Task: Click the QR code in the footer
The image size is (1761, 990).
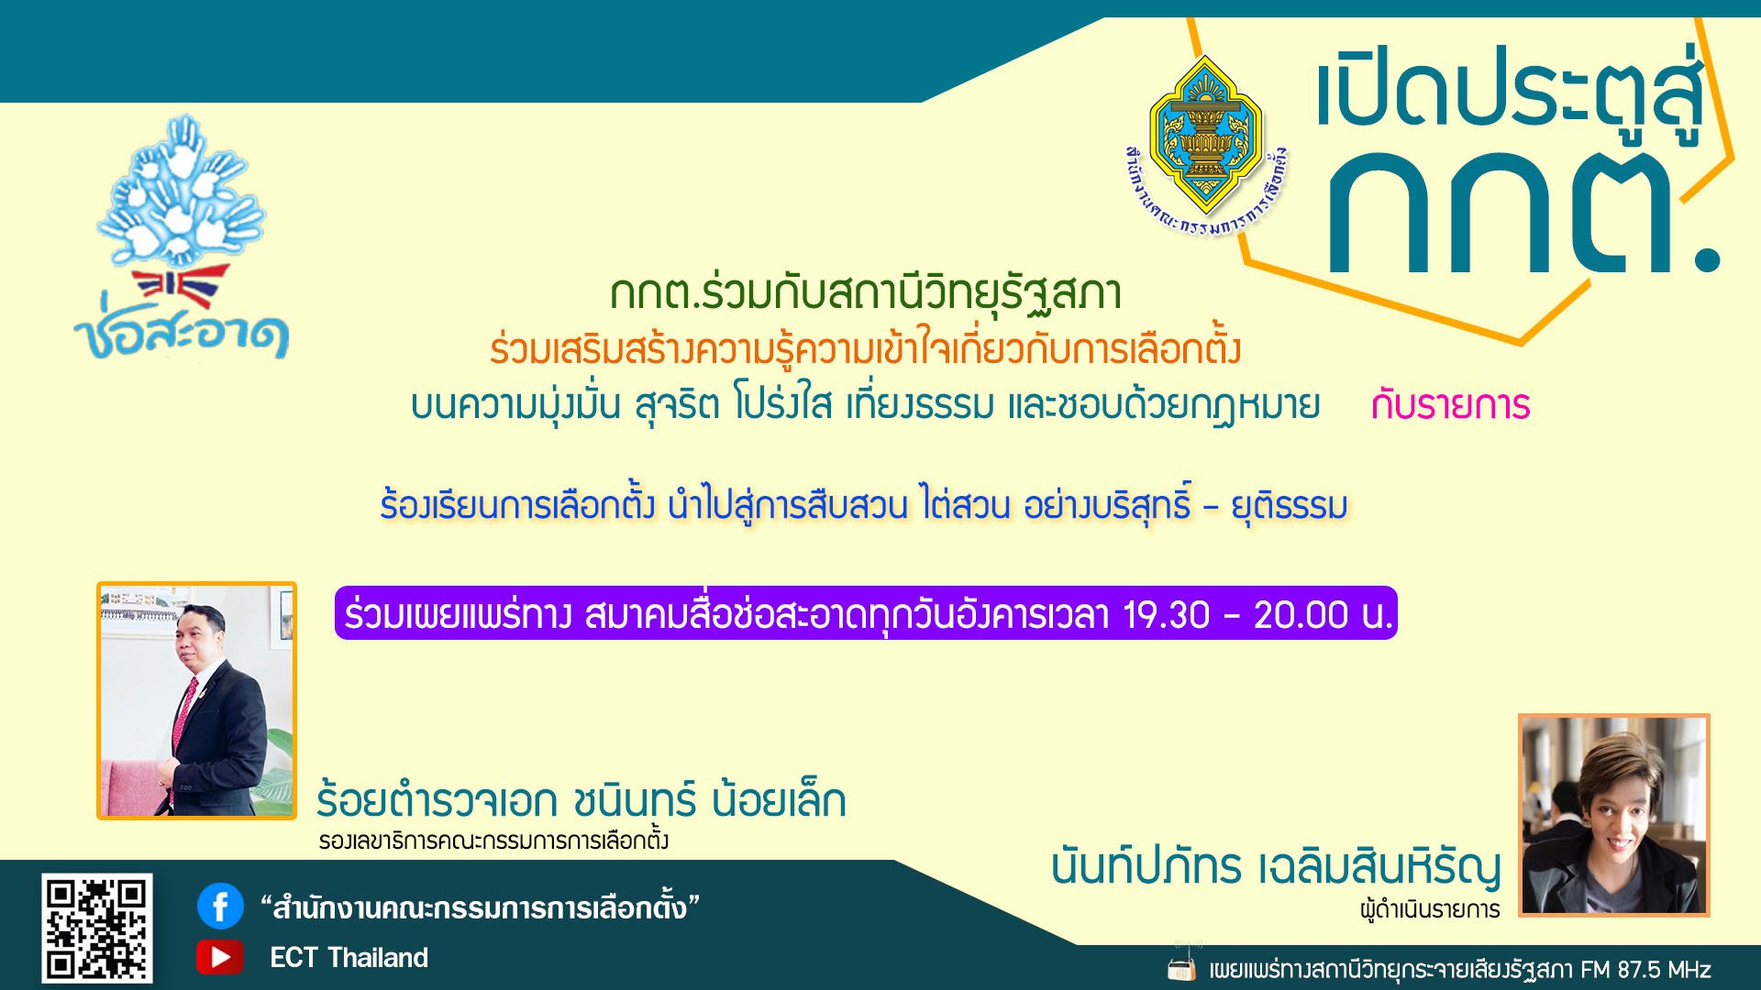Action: (96, 928)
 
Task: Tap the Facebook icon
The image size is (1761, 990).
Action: (220, 907)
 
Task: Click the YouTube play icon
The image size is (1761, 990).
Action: (220, 957)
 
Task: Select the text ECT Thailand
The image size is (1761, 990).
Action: (349, 958)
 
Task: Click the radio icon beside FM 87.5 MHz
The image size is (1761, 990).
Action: (1182, 968)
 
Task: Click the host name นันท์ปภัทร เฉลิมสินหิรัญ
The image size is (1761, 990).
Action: (1276, 867)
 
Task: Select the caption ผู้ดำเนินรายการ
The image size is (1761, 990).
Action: (1430, 910)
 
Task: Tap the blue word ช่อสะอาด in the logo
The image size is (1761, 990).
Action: (182, 335)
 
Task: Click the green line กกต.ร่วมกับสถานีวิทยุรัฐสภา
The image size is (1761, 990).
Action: (866, 293)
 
